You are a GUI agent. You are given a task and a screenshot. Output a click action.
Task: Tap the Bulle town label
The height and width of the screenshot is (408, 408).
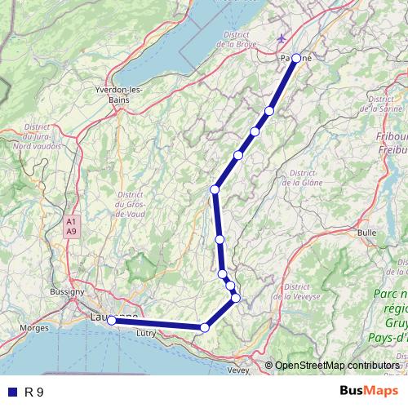tap(367, 233)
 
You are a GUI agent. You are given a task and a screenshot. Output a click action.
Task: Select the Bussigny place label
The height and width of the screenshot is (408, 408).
tap(66, 290)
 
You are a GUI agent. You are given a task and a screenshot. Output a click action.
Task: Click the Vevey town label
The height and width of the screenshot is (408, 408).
tap(238, 370)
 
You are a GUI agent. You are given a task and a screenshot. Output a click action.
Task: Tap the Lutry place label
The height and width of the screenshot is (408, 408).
tap(147, 333)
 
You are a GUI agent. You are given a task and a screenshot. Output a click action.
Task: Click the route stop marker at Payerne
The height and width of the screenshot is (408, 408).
tap(296, 58)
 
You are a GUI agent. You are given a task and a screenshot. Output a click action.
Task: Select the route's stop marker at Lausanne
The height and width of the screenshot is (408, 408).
tap(112, 321)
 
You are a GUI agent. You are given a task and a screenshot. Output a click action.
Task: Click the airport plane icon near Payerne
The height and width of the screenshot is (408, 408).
tap(282, 38)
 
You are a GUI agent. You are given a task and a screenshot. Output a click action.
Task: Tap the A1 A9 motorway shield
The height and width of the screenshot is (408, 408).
tap(72, 226)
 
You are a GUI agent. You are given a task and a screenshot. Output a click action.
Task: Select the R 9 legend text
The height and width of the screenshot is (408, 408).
tap(34, 392)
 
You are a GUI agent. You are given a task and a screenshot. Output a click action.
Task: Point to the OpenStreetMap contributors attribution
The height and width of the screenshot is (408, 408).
tap(337, 365)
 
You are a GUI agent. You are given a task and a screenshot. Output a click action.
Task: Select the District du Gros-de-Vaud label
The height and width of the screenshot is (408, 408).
tap(131, 203)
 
